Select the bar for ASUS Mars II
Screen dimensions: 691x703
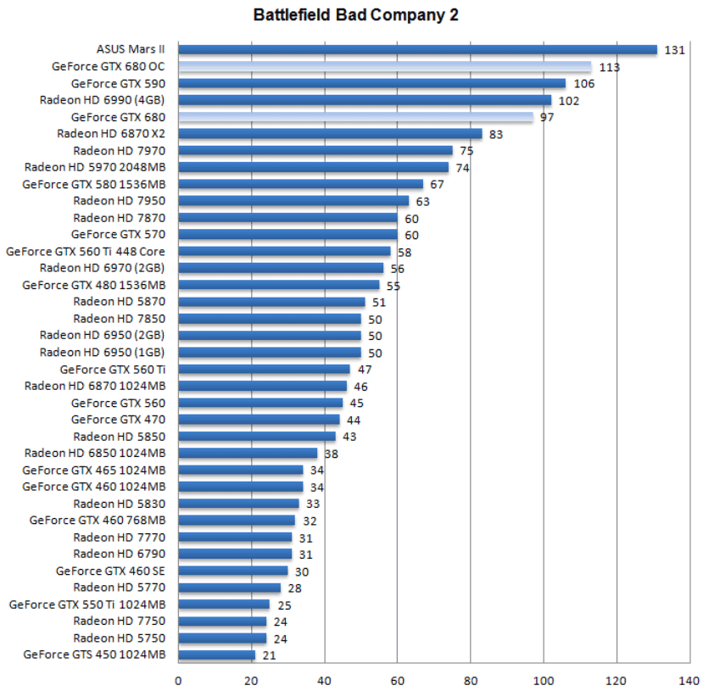pos(417,50)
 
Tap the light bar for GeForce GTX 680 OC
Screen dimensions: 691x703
pos(384,67)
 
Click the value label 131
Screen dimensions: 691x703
pos(674,50)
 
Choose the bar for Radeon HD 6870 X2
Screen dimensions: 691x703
pos(330,134)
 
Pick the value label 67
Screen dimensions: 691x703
pos(438,184)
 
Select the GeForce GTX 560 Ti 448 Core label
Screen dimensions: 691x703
pos(86,251)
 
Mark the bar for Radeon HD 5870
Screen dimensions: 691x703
pos(271,302)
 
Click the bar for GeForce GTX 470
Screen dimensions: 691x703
pos(259,420)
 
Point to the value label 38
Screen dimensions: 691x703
pos(332,453)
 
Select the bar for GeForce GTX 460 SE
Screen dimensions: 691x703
pos(233,571)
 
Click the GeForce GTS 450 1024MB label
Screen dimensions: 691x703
pos(94,655)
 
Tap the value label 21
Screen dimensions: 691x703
pos(270,655)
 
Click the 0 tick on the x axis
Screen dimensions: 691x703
pos(178,679)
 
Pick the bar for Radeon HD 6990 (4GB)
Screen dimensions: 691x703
pos(365,100)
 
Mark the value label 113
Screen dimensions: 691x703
pos(609,67)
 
